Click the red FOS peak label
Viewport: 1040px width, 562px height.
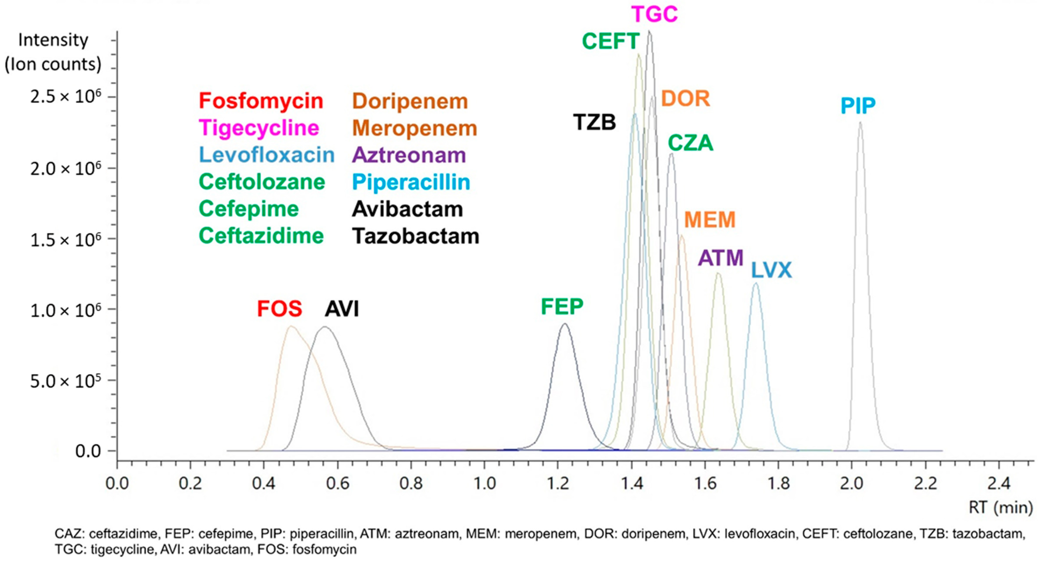pyautogui.click(x=279, y=309)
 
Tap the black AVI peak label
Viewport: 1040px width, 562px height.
pyautogui.click(x=342, y=309)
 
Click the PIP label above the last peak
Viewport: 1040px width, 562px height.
pyautogui.click(x=858, y=106)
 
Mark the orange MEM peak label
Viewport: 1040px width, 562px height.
pyautogui.click(x=710, y=220)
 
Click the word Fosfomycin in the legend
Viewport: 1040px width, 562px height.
pyautogui.click(x=261, y=101)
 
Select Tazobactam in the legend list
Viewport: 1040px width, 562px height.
pyautogui.click(x=416, y=236)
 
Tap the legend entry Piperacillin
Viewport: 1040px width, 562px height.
pyautogui.click(x=411, y=182)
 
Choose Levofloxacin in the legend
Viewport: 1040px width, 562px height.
pyautogui.click(x=266, y=155)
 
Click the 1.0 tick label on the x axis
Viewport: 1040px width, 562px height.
pyautogui.click(x=485, y=483)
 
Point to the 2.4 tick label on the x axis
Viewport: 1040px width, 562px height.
pyautogui.click(x=999, y=483)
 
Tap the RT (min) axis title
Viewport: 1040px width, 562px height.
pyautogui.click(x=1000, y=507)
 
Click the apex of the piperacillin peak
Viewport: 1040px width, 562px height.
pyautogui.click(x=860, y=122)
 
